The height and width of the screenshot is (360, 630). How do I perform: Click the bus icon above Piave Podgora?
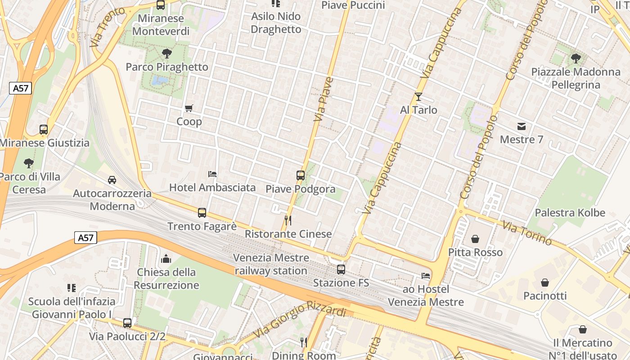coord(301,175)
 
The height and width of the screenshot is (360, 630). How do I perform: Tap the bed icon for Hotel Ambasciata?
coord(212,174)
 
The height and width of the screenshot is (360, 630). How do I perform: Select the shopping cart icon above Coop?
coord(189,108)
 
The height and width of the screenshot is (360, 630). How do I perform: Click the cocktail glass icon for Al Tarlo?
coord(418,96)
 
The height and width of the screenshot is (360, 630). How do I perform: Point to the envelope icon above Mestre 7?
coord(522,126)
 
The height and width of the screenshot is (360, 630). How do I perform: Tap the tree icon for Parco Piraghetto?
coord(167,54)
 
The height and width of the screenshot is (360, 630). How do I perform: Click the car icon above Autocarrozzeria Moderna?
coord(112,180)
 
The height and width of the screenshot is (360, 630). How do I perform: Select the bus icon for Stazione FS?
coord(341,270)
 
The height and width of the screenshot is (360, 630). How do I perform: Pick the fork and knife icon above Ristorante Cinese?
coord(288,220)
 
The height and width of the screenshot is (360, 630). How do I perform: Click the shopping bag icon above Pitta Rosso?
coord(475,239)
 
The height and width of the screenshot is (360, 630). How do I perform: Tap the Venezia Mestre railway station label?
coord(271,264)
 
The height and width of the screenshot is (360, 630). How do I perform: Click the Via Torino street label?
coord(527,233)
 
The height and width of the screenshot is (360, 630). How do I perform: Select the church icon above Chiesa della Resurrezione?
coord(166,259)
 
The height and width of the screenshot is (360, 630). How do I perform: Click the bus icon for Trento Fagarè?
coord(202,212)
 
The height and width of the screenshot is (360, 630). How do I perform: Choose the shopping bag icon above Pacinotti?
coord(545,283)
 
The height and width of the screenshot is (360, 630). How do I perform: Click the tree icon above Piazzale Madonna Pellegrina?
coord(576,58)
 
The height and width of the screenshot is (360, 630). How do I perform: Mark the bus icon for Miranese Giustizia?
coord(44,130)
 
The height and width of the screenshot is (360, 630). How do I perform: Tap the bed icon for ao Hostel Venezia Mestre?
coord(426,275)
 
